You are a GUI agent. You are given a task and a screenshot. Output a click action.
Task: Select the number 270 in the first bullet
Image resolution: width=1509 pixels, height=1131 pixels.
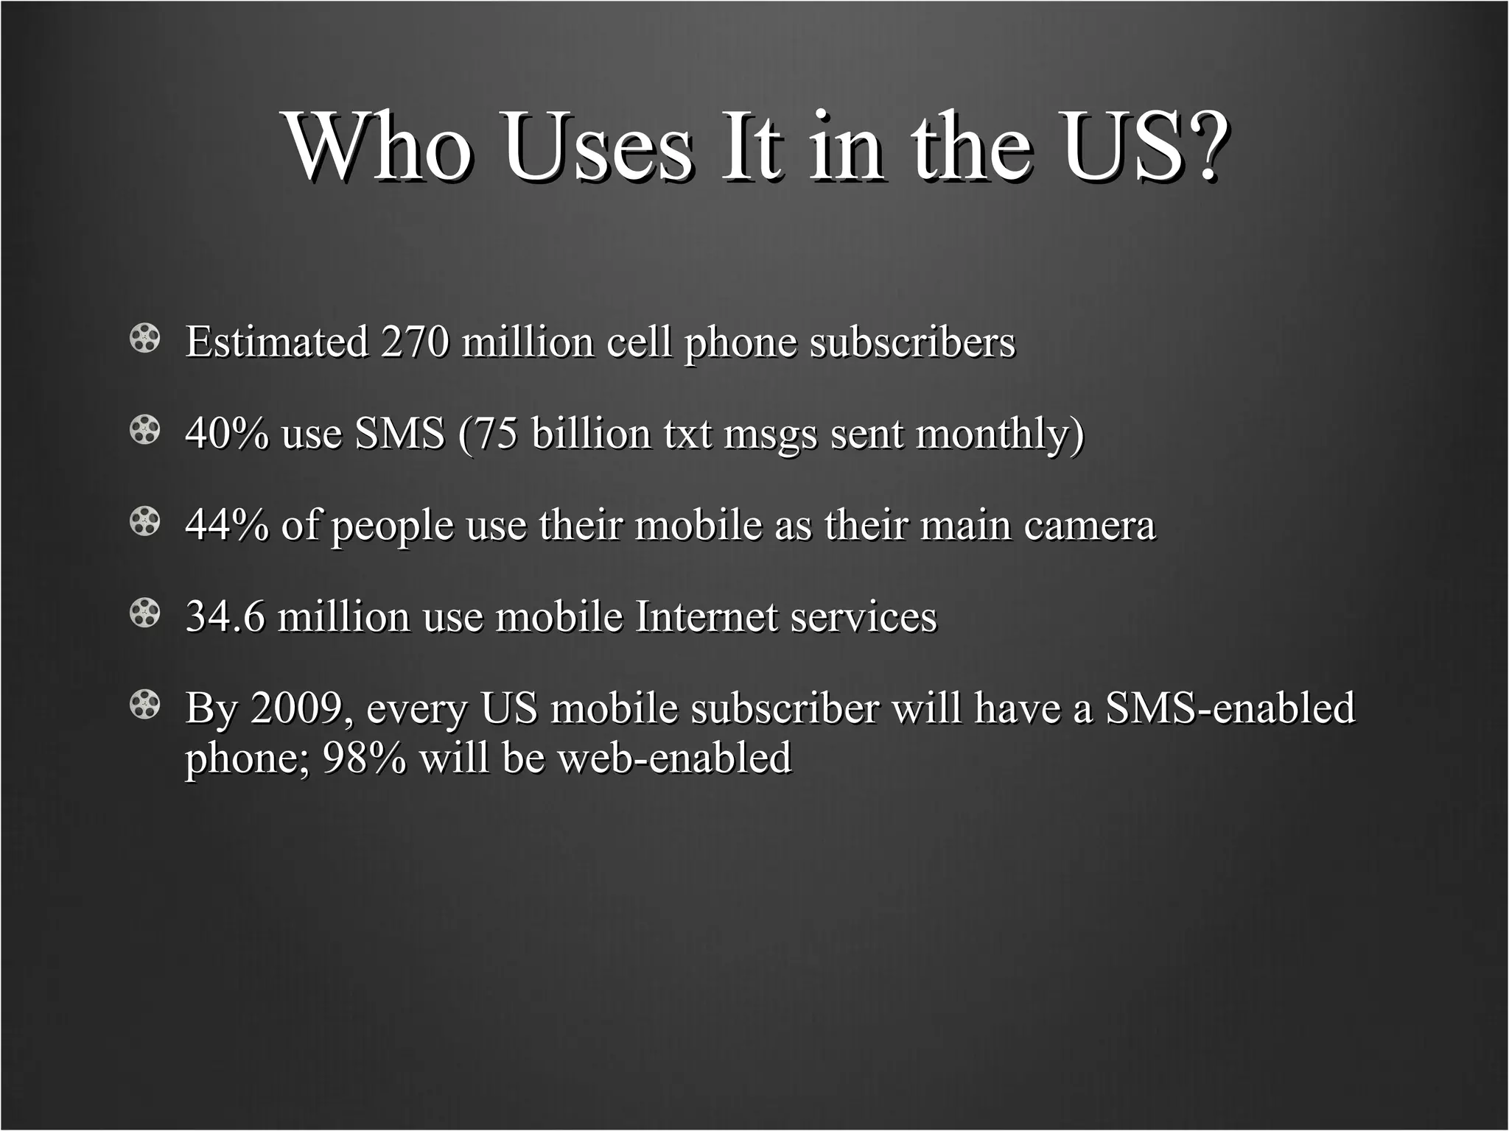pos(414,342)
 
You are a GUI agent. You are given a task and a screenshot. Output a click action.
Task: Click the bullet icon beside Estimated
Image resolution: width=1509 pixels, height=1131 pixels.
pos(145,339)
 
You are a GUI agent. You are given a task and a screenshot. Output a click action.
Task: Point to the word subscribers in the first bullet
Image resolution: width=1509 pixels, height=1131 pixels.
pos(912,342)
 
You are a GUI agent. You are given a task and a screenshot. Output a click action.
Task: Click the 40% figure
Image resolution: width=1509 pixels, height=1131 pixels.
pos(227,433)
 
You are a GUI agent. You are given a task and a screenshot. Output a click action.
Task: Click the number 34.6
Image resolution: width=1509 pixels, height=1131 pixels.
pos(225,616)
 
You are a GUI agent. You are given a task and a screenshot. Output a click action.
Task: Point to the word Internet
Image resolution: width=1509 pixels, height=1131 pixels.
pos(706,616)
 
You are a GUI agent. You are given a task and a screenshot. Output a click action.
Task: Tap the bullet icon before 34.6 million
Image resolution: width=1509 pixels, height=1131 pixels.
pos(145,613)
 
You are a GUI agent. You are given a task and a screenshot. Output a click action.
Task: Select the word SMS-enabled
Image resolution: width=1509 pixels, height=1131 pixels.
pos(1230,708)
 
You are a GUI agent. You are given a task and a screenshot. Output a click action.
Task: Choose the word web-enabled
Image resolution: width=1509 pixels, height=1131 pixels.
pos(674,758)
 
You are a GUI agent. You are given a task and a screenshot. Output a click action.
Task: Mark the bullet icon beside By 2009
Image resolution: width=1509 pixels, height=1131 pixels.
pos(145,705)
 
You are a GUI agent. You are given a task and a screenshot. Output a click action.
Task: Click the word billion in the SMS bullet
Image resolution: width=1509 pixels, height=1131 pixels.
pos(591,433)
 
